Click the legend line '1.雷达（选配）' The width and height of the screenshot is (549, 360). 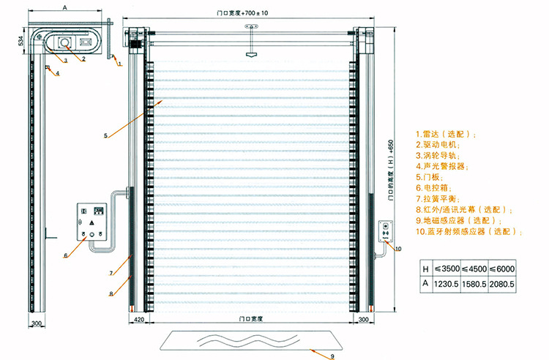click(x=446, y=135)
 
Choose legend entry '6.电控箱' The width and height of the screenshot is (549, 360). click(x=433, y=188)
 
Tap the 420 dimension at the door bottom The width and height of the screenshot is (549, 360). click(x=136, y=320)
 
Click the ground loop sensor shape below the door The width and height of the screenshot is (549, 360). click(x=252, y=340)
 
